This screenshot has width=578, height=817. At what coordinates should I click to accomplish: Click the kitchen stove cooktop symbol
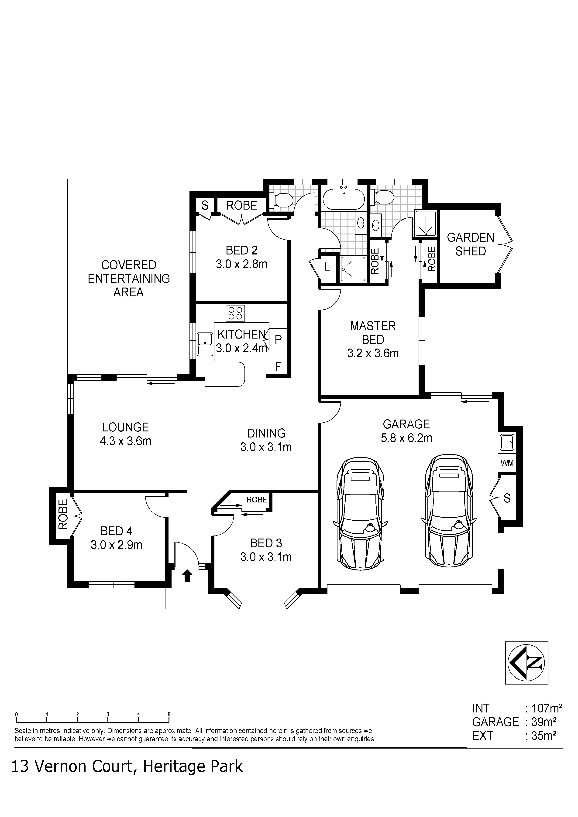(235, 313)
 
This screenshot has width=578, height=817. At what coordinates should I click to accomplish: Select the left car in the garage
(360, 513)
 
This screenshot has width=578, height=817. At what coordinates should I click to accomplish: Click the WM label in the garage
(507, 463)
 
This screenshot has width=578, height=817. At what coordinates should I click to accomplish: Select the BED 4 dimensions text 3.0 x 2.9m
(117, 545)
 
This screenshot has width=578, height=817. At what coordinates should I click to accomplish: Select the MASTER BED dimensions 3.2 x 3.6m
(373, 353)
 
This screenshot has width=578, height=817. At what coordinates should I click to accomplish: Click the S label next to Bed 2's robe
(205, 205)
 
